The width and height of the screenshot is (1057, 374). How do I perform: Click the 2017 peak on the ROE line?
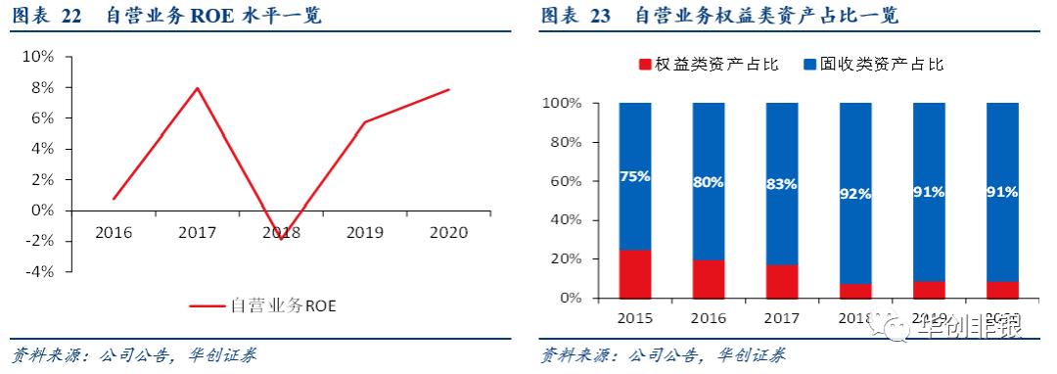tap(198, 88)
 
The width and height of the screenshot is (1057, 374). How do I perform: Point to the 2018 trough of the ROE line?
tap(282, 238)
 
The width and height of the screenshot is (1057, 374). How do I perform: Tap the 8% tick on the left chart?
tap(40, 87)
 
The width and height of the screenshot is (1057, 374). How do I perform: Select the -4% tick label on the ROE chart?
tap(38, 271)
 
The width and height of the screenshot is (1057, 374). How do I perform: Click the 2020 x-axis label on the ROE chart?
tap(447, 232)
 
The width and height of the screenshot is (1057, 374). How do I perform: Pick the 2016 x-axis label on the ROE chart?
tap(114, 232)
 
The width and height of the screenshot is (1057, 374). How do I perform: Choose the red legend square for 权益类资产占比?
tap(645, 65)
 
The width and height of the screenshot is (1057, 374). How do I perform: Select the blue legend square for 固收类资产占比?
tap(809, 65)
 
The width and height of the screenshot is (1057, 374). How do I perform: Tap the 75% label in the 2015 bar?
tap(635, 176)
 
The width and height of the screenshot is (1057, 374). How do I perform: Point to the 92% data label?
tap(855, 193)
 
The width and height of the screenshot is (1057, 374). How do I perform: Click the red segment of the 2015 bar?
tap(635, 273)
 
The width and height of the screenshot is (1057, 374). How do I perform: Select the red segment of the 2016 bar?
tap(709, 278)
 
